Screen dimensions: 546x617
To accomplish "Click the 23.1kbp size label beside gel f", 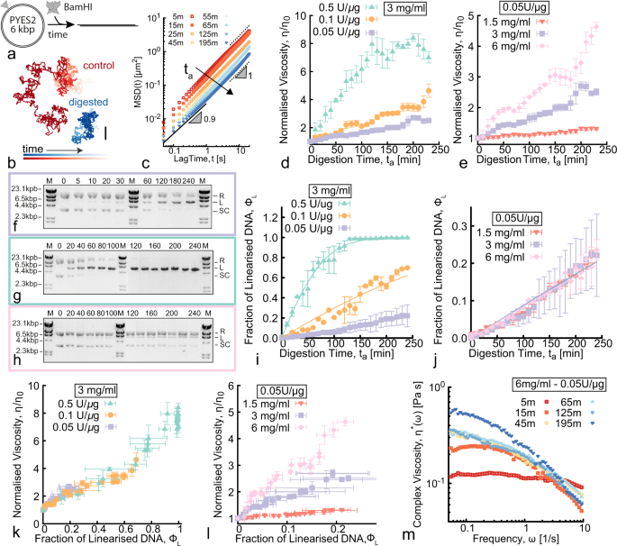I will pos(20,185).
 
